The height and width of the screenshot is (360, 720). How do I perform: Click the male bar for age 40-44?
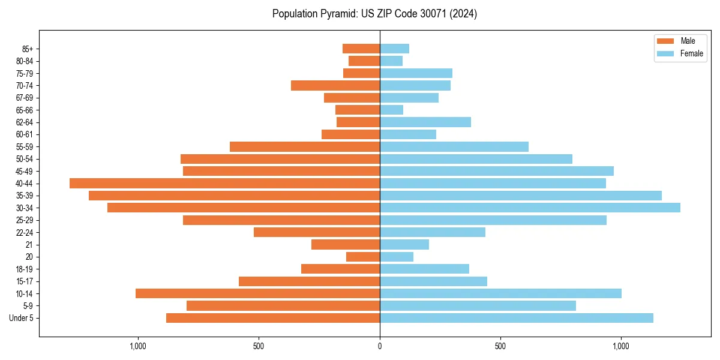click(224, 183)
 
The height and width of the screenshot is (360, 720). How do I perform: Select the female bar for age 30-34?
click(530, 208)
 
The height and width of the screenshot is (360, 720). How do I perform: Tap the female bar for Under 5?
click(516, 318)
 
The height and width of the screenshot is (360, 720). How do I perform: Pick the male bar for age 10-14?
click(257, 293)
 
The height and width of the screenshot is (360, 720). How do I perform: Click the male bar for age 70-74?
click(335, 85)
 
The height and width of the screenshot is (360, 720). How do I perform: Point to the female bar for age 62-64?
click(425, 122)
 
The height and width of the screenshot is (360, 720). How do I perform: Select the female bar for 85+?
click(394, 49)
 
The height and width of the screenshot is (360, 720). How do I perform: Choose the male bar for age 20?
click(363, 257)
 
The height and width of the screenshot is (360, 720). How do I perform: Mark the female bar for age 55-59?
click(454, 146)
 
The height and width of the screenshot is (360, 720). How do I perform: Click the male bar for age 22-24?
click(317, 232)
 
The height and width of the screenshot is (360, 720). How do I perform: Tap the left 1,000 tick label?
click(138, 346)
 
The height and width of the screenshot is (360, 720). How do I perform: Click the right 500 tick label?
click(500, 346)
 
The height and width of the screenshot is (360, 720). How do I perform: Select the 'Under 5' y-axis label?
click(21, 318)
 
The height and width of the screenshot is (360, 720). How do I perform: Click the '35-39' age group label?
click(25, 196)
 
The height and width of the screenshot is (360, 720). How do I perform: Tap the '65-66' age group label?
click(25, 110)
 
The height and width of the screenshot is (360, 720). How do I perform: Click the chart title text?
click(374, 14)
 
